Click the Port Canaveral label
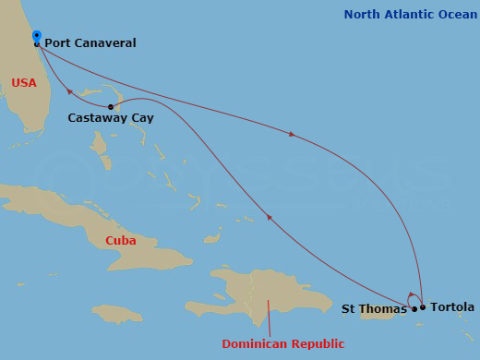(x=90, y=42)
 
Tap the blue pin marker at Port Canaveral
(x=37, y=37)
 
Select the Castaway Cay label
(x=111, y=118)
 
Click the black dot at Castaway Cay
(x=111, y=107)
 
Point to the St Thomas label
(x=374, y=308)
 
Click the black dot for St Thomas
(x=414, y=309)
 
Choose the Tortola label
(x=452, y=306)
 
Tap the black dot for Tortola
(x=423, y=307)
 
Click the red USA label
(x=24, y=83)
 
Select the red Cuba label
(x=120, y=241)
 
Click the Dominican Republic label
(x=283, y=344)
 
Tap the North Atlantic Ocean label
(x=411, y=14)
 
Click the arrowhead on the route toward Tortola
(x=293, y=135)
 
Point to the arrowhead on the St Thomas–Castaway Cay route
(x=269, y=218)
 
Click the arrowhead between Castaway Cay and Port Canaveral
(x=69, y=90)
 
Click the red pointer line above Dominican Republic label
(x=270, y=318)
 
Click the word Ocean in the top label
(x=457, y=14)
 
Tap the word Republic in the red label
(x=316, y=344)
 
